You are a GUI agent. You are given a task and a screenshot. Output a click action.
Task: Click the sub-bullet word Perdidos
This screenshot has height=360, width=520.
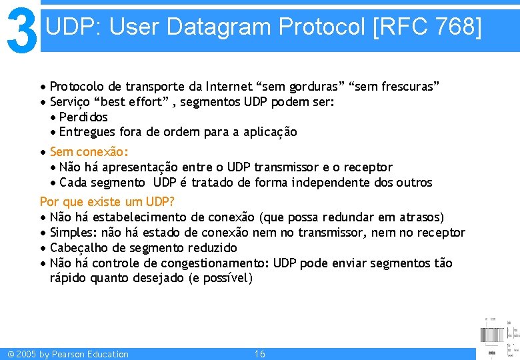coord(83,117)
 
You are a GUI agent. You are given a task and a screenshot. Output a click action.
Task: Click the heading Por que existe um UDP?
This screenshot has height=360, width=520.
coord(107,201)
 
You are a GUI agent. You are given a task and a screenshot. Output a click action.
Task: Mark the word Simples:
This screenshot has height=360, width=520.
coord(73,233)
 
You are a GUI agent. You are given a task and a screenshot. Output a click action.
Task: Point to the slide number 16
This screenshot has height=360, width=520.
coord(260,354)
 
